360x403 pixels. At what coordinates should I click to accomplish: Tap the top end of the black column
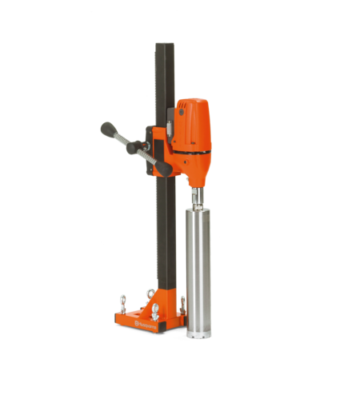(165, 44)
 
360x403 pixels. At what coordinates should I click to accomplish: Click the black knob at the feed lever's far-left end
(106, 128)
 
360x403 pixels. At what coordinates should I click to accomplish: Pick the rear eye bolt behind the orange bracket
(150, 293)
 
